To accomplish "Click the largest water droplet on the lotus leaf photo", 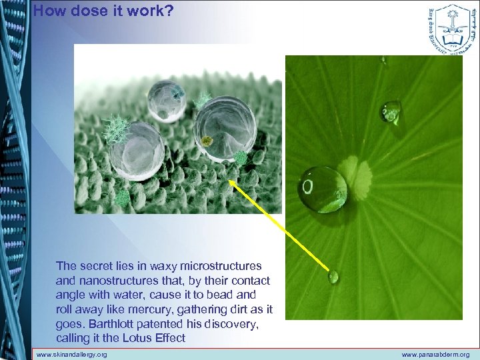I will [323, 189].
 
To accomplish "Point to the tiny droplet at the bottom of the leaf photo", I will [333, 277].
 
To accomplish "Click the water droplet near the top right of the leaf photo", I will [391, 111].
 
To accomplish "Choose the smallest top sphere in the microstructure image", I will [166, 100].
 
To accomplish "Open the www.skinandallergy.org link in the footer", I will [71, 355].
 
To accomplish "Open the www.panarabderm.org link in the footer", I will [437, 355].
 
